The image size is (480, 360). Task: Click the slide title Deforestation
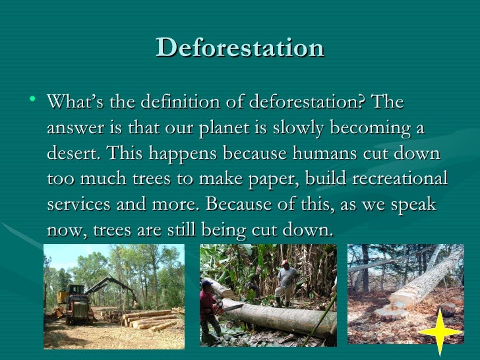(x=240, y=47)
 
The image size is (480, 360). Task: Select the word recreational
(x=393, y=179)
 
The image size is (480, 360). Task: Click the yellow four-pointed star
(x=440, y=332)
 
